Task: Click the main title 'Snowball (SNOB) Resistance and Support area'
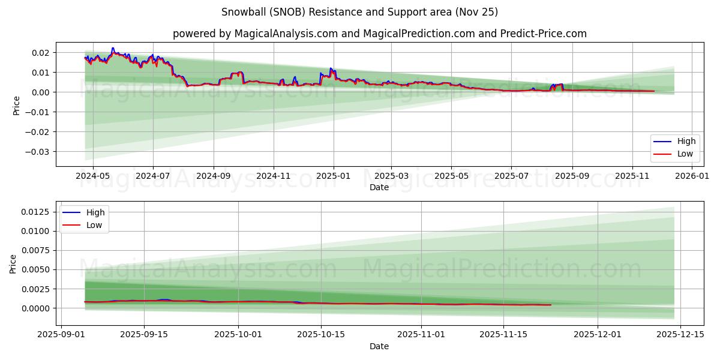coord(359,12)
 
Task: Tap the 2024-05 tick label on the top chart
coord(93,176)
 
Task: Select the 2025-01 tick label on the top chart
coord(333,176)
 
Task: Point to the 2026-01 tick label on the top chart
coord(692,176)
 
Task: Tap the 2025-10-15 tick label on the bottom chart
coord(322,335)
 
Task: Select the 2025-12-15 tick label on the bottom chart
coord(680,335)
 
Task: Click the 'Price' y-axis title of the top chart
coord(16,106)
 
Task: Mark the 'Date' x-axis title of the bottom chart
coord(379,346)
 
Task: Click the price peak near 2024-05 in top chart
coord(113,49)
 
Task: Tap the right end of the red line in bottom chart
coord(550,305)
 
